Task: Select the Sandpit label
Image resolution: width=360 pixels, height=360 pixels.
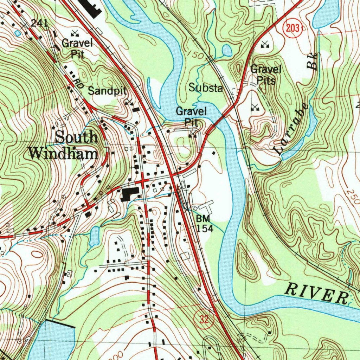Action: pos(107,91)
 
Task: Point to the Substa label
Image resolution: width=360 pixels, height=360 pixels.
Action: pos(206,88)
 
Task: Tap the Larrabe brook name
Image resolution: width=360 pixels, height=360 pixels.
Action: pos(292,130)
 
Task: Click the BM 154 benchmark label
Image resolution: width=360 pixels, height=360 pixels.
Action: pos(204,224)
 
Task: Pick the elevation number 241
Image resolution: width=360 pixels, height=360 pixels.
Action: pos(39,23)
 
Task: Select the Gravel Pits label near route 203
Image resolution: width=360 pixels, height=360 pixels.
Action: pos(265,75)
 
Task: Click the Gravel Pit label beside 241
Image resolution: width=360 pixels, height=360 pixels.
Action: pos(77,49)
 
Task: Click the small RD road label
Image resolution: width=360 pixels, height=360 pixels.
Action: pos(79,83)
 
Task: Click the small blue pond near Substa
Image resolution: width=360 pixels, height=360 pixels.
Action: pos(227,51)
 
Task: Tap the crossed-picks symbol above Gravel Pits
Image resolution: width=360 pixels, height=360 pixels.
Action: pos(265,44)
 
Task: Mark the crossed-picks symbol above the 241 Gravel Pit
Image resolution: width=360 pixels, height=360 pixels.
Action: pos(75,33)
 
